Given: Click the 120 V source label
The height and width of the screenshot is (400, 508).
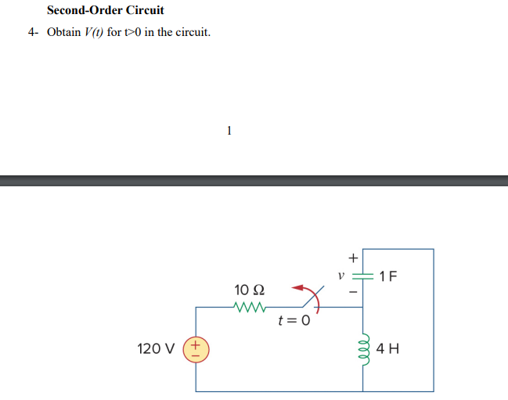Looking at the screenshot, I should point(157,348).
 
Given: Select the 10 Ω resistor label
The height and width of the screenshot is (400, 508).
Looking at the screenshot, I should point(250,290).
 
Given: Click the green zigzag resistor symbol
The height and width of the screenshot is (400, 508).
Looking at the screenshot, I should point(251,308).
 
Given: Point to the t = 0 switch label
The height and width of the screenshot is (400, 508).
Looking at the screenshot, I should point(294,320).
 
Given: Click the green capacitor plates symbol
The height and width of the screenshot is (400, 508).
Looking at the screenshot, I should point(362,276).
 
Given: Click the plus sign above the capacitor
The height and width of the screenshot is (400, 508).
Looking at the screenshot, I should point(353,257).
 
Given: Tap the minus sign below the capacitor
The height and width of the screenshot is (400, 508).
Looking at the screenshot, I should point(353,293).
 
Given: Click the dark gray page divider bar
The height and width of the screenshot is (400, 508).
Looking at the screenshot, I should point(254,181).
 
